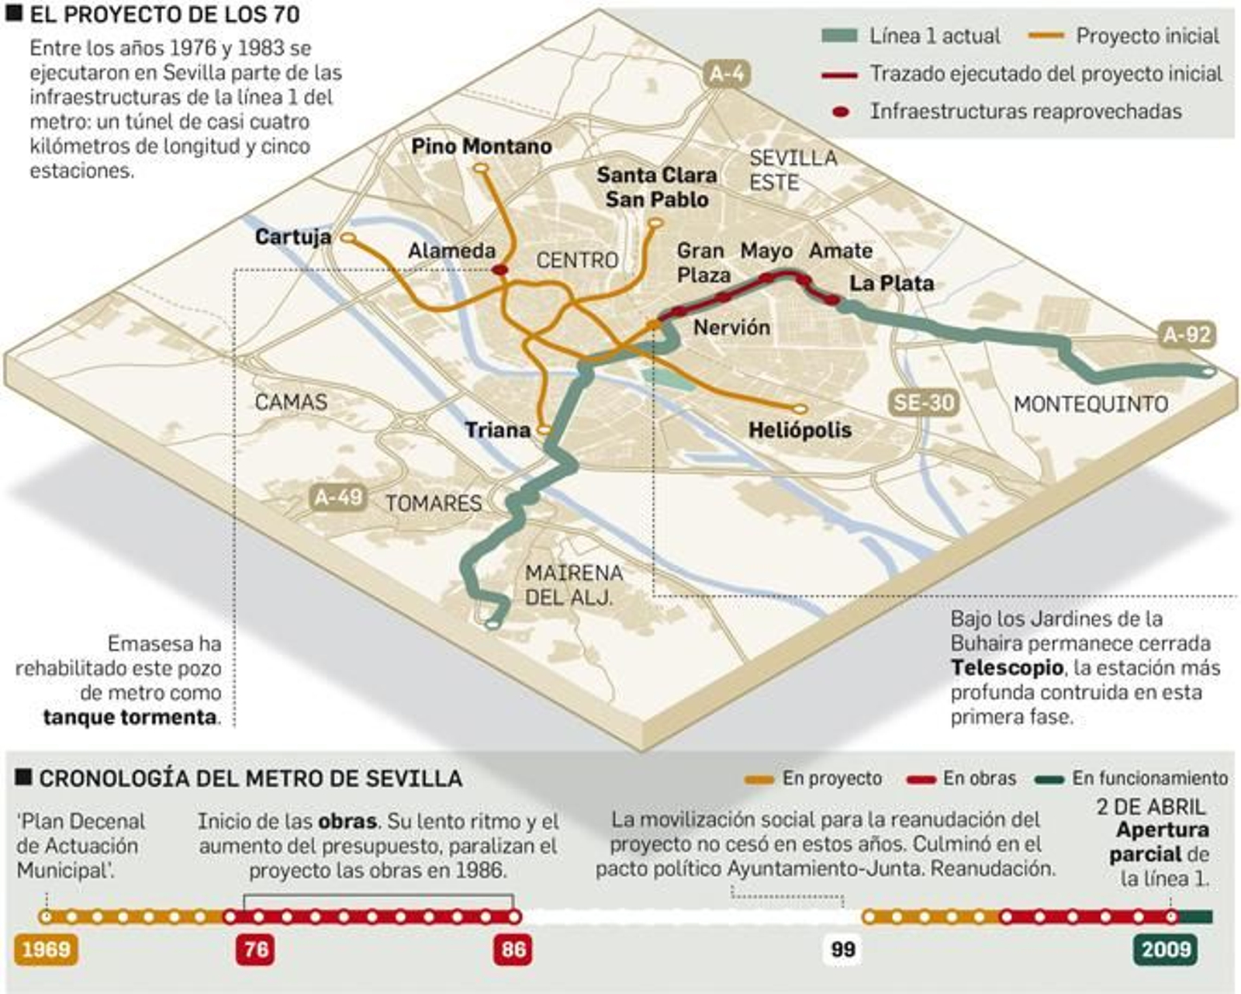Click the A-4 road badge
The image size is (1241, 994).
[x=727, y=74]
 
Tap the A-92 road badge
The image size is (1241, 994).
[x=1187, y=334]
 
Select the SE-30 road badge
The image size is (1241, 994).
[x=922, y=402]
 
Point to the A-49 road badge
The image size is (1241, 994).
[x=337, y=496]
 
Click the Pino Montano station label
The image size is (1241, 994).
[x=482, y=146]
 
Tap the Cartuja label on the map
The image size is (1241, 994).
[x=293, y=237]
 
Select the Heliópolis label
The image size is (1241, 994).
[x=800, y=430]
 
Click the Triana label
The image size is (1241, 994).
[x=498, y=430]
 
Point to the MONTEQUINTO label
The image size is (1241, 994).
[x=1091, y=403]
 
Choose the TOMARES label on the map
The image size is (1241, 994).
[x=434, y=503]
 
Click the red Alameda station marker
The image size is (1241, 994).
[x=500, y=270]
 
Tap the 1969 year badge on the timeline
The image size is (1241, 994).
[x=47, y=949]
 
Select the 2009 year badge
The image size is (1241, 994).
[x=1166, y=949]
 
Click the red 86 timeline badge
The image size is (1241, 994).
[x=513, y=949]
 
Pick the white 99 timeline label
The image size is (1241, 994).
[x=842, y=949]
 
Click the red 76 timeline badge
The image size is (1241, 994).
[x=256, y=949]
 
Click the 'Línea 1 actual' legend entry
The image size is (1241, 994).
[x=911, y=36]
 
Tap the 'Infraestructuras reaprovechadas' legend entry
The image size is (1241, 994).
[x=1008, y=111]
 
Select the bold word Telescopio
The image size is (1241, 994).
[x=1007, y=667]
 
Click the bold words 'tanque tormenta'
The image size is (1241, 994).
[x=130, y=717]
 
